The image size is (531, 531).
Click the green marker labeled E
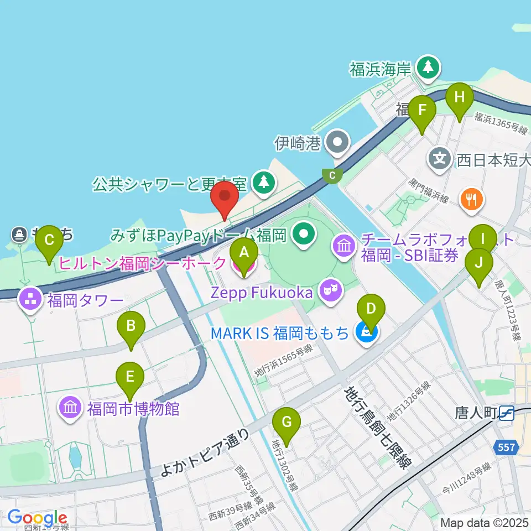(x=130, y=377)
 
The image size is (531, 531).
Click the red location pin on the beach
(x=225, y=197)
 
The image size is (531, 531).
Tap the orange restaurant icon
(x=471, y=200)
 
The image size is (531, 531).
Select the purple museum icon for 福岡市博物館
(x=70, y=409)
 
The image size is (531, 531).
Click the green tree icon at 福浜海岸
(x=428, y=67)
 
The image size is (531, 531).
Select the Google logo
(x=38, y=518)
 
